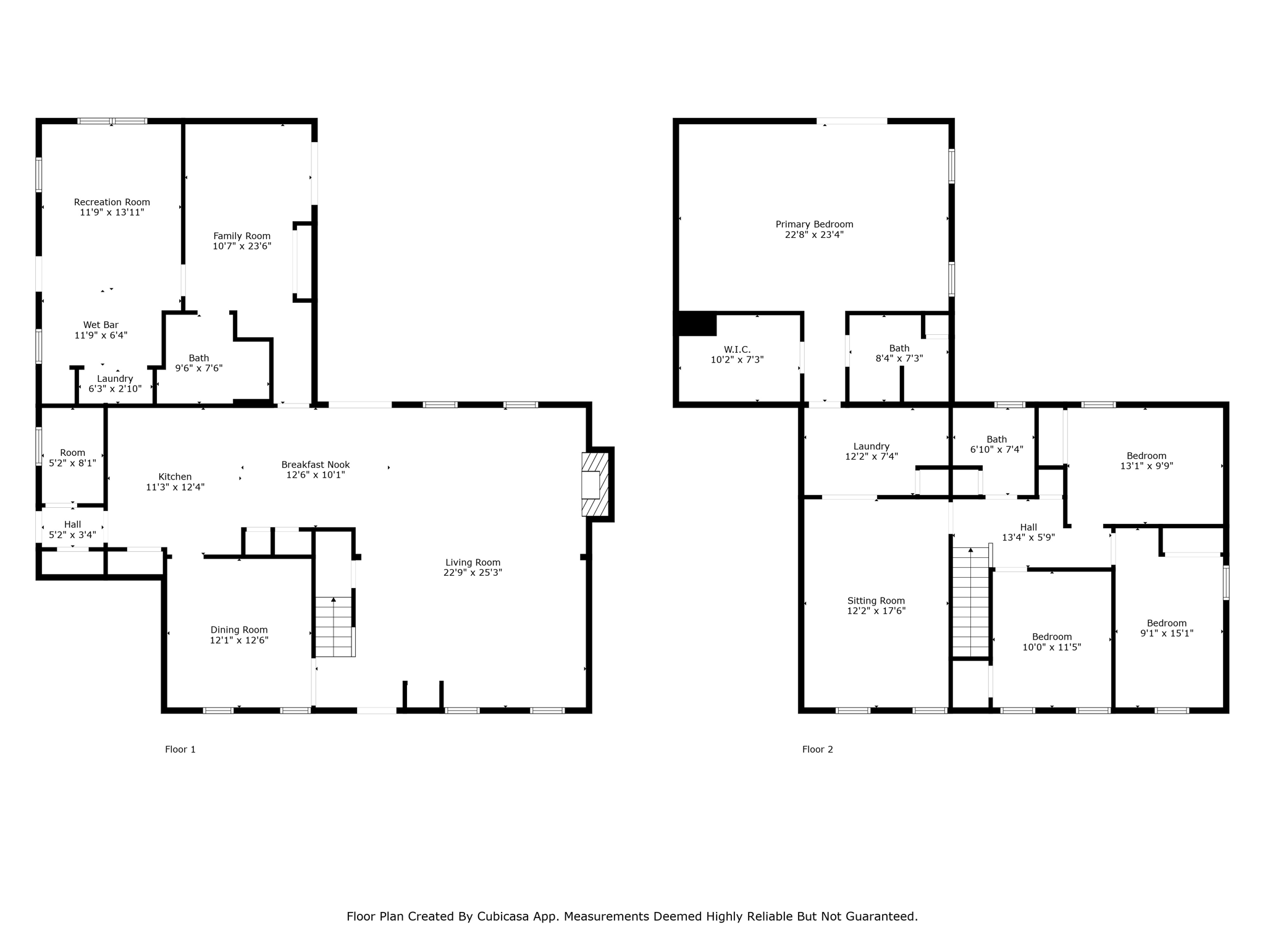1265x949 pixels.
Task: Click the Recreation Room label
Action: point(112,202)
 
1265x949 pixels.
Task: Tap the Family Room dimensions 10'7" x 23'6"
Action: point(242,246)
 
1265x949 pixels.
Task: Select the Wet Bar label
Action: point(101,325)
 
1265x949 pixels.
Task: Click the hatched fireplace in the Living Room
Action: point(594,484)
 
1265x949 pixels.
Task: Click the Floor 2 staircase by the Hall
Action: point(970,602)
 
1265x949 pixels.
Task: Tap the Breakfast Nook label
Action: point(315,465)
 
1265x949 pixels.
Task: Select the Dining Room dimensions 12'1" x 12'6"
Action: point(239,640)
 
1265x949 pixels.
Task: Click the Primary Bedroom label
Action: point(814,224)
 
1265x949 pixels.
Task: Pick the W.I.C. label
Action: point(737,349)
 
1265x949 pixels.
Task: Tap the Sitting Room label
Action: point(876,601)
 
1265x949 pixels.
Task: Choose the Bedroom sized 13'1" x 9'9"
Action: point(1146,461)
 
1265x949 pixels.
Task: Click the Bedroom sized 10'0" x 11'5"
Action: point(1051,642)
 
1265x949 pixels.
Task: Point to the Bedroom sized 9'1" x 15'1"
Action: point(1166,628)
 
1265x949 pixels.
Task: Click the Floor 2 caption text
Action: point(817,749)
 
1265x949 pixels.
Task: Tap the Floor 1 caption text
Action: point(180,749)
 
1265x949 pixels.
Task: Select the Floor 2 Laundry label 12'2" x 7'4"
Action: point(871,451)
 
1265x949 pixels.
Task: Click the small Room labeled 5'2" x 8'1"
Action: point(72,457)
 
